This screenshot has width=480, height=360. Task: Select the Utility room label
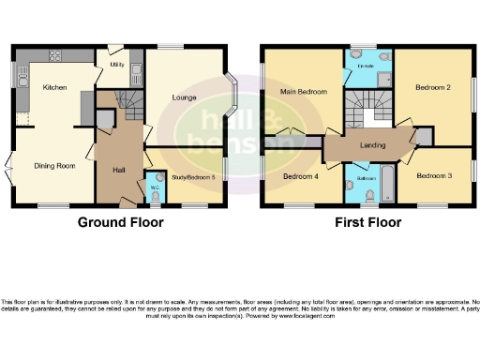(x=118, y=66)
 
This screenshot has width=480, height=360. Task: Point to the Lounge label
(x=182, y=97)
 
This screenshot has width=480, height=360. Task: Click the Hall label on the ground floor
(x=119, y=170)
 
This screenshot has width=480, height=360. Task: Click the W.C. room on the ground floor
(x=155, y=185)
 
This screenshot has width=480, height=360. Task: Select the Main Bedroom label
(x=302, y=91)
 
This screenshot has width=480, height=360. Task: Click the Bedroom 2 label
(x=433, y=86)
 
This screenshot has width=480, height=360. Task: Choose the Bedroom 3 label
(x=434, y=175)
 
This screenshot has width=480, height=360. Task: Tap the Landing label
(x=372, y=146)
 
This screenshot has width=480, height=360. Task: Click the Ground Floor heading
(x=120, y=223)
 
